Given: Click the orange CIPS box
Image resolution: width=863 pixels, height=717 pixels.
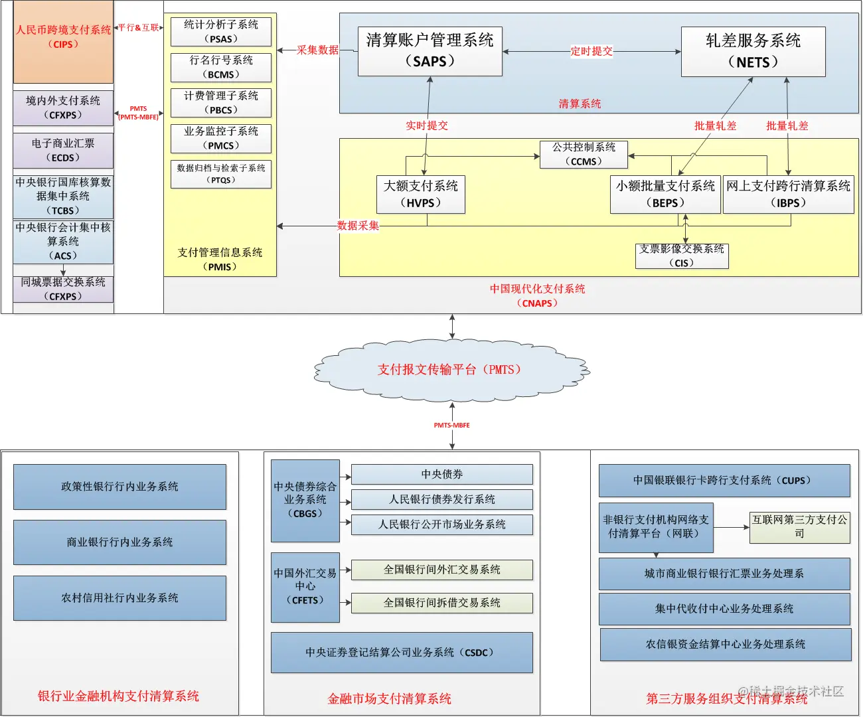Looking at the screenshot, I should pos(63,41).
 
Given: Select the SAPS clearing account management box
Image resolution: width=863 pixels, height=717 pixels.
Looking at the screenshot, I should pos(430,51).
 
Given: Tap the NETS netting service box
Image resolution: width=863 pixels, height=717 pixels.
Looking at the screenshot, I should pos(753,52).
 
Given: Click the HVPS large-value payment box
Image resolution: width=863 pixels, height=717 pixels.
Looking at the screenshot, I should pos(420,195).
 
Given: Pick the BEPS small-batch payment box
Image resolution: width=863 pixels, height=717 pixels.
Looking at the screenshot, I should pos(665,195).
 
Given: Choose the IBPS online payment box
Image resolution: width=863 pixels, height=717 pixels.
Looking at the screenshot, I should pos(788,195).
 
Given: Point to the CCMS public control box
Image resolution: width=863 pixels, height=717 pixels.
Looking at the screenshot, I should pos(584,154).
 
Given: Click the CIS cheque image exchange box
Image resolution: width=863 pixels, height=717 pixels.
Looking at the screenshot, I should pos(682,256).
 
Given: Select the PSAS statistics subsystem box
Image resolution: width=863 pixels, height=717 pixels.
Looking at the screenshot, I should pos(221,31).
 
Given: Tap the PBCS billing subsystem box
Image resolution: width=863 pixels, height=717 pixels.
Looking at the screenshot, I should pos(221,103).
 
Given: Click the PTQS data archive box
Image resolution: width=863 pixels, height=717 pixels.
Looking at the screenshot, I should pos(221,174).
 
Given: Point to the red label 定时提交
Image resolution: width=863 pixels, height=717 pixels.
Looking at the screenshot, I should pos(591,51).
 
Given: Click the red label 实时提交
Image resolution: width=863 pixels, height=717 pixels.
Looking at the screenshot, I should pos(427,125).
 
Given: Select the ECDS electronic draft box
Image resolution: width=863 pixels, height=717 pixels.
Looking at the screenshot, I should pos(63,151).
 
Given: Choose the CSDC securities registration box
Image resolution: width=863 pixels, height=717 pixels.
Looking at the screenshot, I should pos(402,653).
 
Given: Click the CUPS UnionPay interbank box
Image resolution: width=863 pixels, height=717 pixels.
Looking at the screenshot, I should pos(724,481).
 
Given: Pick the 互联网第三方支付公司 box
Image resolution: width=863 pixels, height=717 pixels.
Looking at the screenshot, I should pos(799,527).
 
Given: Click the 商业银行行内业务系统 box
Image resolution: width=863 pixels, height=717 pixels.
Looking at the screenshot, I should pos(119,542).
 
